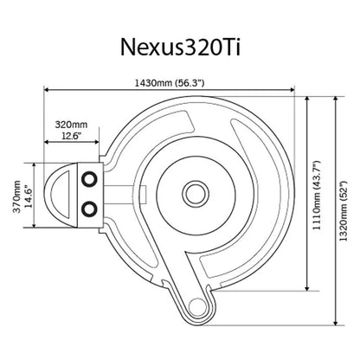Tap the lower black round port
(87, 209)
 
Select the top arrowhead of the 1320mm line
(334, 97)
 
